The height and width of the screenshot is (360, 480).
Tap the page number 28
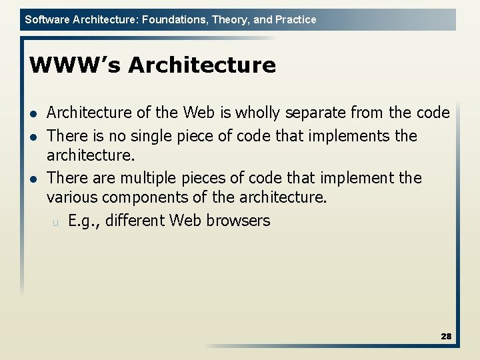pos(446,337)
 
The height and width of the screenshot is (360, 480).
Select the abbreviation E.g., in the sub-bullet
pos(83,221)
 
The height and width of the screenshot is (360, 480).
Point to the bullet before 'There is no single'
pos(34,137)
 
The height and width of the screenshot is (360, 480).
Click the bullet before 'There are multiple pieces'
pos(34,178)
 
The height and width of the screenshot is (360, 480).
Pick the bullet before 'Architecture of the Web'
pos(34,113)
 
